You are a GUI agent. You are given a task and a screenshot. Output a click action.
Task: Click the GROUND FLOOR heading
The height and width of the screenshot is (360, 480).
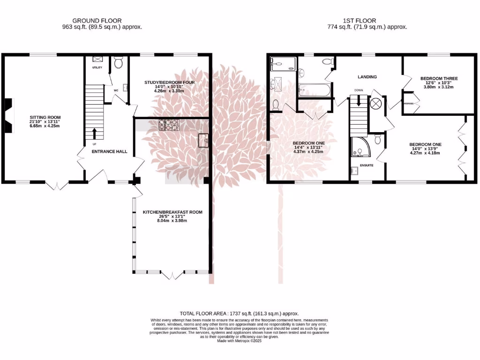click(97, 21)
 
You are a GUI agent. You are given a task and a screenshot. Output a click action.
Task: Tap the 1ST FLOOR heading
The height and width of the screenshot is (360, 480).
click(367, 21)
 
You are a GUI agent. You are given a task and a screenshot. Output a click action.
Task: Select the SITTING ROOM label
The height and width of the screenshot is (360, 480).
click(45, 118)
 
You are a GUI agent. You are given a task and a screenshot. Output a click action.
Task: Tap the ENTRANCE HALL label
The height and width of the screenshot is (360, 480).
click(109, 151)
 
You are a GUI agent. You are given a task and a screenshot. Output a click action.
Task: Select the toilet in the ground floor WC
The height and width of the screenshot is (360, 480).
click(119, 62)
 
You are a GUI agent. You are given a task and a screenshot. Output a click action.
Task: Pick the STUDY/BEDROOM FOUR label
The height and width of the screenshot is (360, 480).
click(169, 82)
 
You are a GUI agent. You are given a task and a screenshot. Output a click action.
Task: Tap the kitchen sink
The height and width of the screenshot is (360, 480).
click(203, 140)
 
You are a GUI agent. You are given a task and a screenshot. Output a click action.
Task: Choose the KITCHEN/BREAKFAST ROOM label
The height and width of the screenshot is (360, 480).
click(172, 212)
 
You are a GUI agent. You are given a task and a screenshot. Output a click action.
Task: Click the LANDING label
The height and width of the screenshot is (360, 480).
click(367, 77)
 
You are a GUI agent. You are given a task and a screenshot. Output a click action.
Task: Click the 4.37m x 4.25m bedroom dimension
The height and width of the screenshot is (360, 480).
click(308, 152)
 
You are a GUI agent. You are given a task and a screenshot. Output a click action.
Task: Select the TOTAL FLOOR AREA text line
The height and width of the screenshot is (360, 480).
click(239, 313)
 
